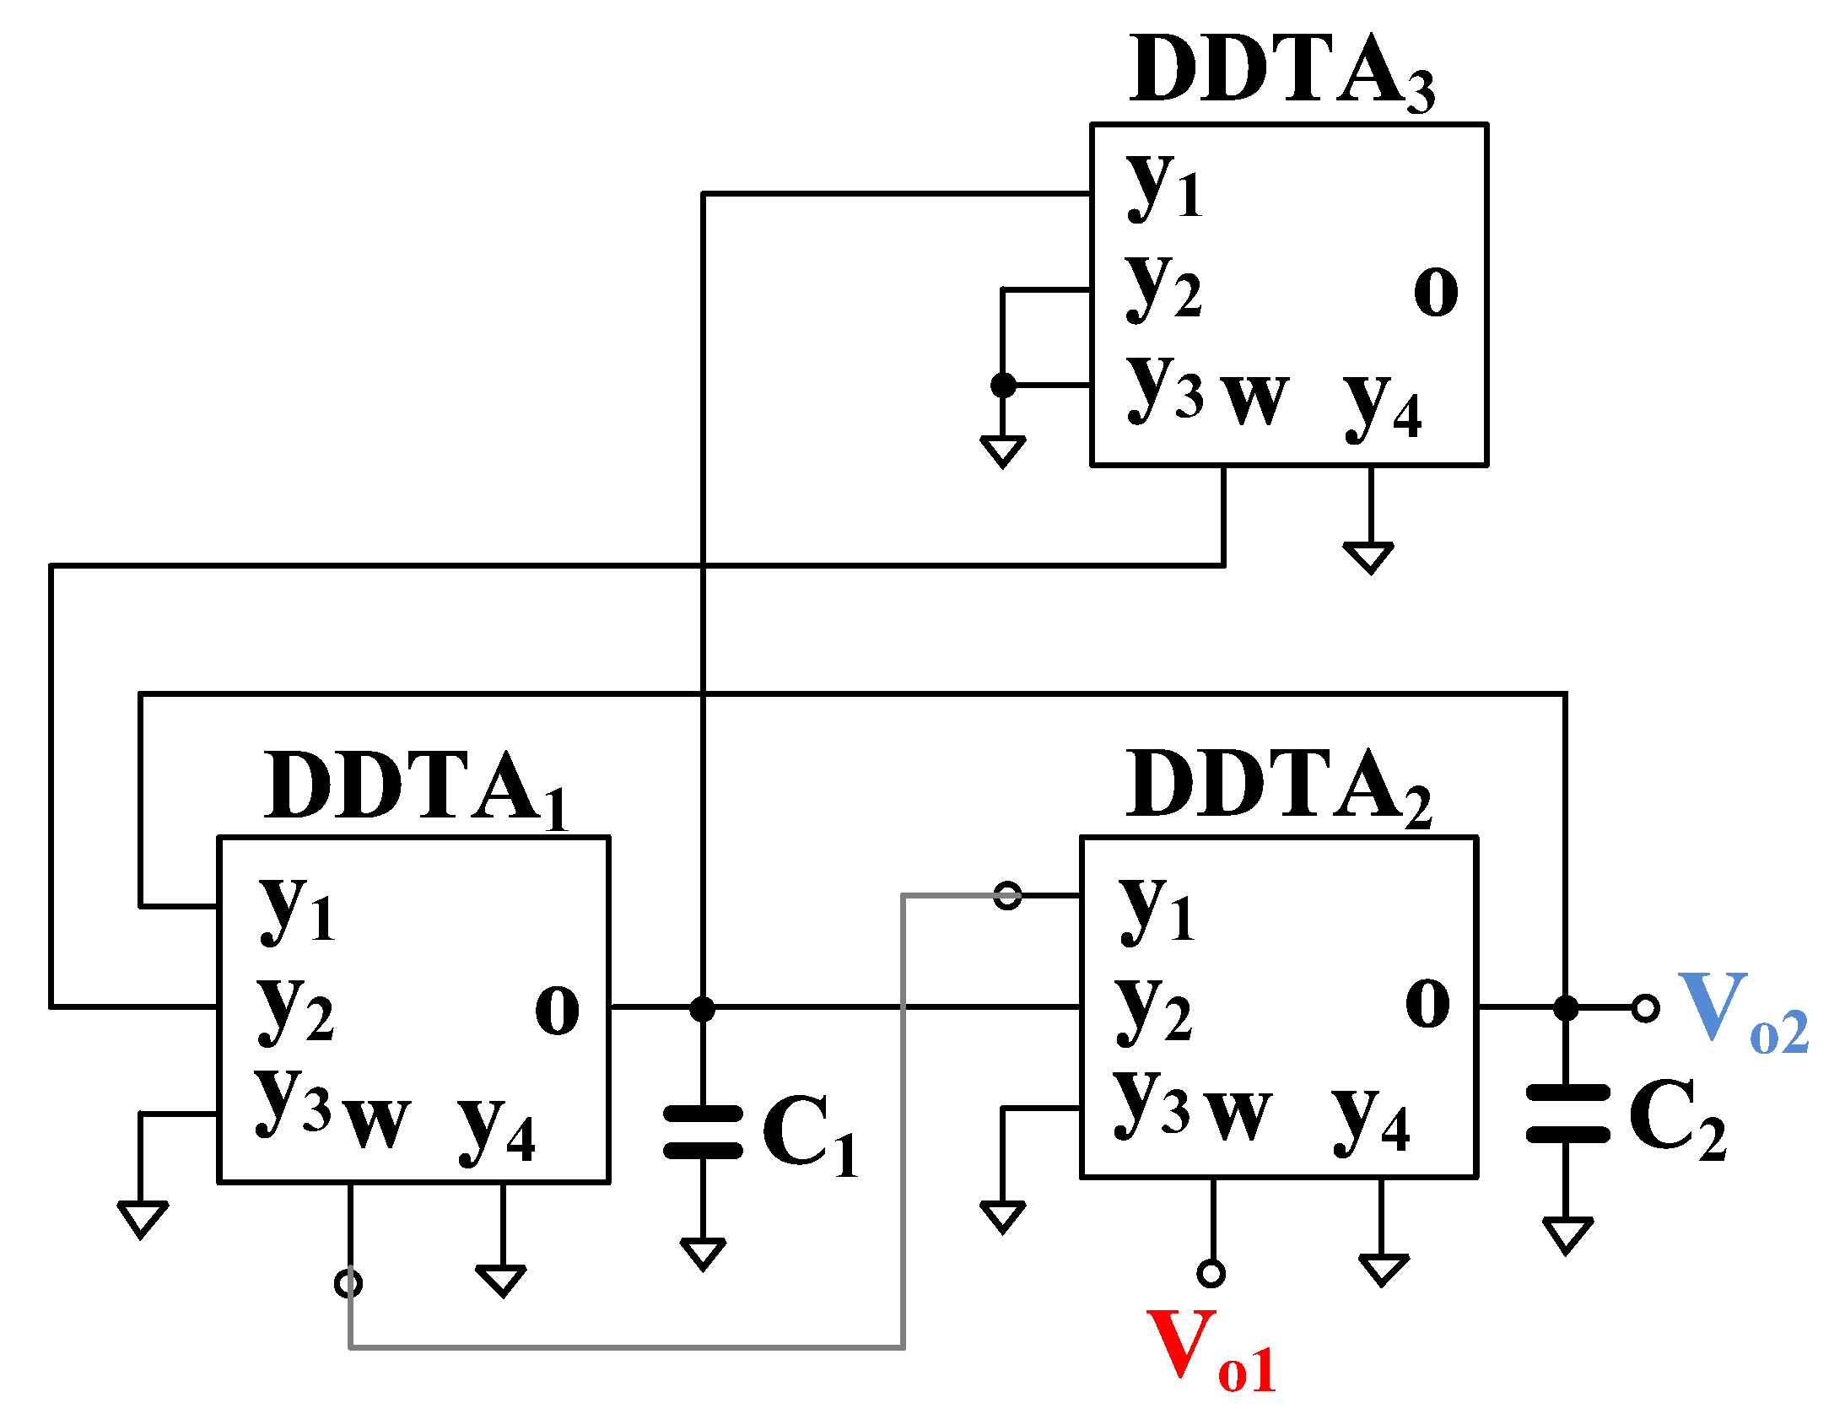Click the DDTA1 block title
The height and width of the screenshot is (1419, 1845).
click(414, 787)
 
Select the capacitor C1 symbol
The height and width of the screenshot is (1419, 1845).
click(702, 1132)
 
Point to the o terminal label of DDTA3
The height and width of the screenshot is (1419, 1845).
click(1435, 291)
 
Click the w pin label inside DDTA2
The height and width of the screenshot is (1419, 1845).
click(1237, 1114)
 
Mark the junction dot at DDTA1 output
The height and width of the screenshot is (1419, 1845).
click(702, 1008)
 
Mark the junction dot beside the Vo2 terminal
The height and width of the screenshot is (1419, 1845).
click(1566, 1007)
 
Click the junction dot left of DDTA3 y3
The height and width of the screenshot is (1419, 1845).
click(1002, 386)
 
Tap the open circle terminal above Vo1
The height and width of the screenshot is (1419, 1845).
click(1211, 1273)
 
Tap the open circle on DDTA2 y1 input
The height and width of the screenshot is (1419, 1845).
click(1007, 895)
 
